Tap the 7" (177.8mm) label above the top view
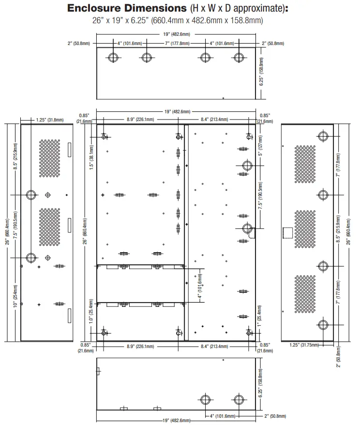pyautogui.click(x=177, y=44)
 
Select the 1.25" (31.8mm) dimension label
pyautogui.click(x=50, y=120)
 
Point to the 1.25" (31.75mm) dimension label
pyautogui.click(x=304, y=345)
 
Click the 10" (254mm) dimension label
pyautogui.click(x=15, y=296)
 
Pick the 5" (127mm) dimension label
pyautogui.click(x=260, y=146)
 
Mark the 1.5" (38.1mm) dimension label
pyautogui.click(x=91, y=157)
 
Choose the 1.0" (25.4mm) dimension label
pyautogui.click(x=91, y=311)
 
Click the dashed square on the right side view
pyautogui.click(x=288, y=233)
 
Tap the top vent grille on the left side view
pyautogui.click(x=49, y=159)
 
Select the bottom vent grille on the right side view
pyautogui.click(x=305, y=294)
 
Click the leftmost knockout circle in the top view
pyautogui.click(x=113, y=58)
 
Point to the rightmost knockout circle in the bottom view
pyautogui.click(x=239, y=399)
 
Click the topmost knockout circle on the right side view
pyautogui.click(x=323, y=136)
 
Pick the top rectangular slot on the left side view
pyautogui.click(x=69, y=150)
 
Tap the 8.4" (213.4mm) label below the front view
pyautogui.click(x=214, y=347)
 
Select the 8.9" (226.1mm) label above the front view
pyautogui.click(x=140, y=119)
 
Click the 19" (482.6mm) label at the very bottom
pyautogui.click(x=176, y=420)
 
